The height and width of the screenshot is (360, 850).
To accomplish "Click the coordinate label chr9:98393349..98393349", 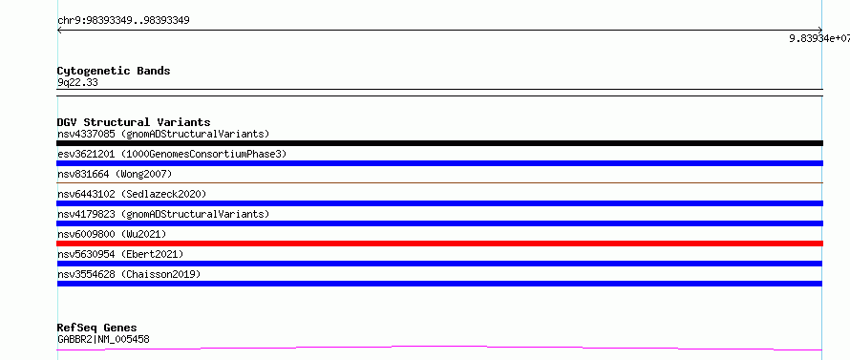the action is [x=123, y=21].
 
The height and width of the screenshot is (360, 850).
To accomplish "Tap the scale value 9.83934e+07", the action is [x=819, y=38].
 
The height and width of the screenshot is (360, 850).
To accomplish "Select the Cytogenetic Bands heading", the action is [x=114, y=71].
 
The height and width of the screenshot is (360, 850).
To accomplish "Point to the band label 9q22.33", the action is [x=77, y=83].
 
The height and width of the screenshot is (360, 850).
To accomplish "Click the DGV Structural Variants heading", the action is [x=134, y=122].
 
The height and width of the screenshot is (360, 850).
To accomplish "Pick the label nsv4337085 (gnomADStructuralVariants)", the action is [x=163, y=134].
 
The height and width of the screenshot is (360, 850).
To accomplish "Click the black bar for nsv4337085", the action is [x=439, y=143].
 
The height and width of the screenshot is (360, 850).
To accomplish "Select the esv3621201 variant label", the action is [x=172, y=154].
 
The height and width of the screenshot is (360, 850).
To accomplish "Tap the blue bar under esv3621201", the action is [x=439, y=163].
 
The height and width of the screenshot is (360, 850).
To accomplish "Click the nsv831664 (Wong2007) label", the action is [x=115, y=174].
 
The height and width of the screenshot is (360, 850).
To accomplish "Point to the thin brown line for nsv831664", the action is [x=439, y=183].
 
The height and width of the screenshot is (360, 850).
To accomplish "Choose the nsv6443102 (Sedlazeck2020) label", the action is [x=132, y=194].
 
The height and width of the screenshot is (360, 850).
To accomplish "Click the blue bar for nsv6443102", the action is [x=439, y=203].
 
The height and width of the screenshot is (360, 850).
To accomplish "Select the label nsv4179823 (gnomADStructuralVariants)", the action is [x=163, y=214].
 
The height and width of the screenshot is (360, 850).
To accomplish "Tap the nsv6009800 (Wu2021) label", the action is [x=112, y=234].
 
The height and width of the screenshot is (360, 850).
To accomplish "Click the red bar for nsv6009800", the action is [x=439, y=244].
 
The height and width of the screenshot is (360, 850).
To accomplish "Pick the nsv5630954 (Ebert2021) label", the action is [x=120, y=254].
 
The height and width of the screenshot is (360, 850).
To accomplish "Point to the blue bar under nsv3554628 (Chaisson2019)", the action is [x=439, y=284].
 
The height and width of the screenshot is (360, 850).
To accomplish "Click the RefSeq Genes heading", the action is [x=97, y=328].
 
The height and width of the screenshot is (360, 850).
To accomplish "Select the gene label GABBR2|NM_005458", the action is [x=103, y=339].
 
